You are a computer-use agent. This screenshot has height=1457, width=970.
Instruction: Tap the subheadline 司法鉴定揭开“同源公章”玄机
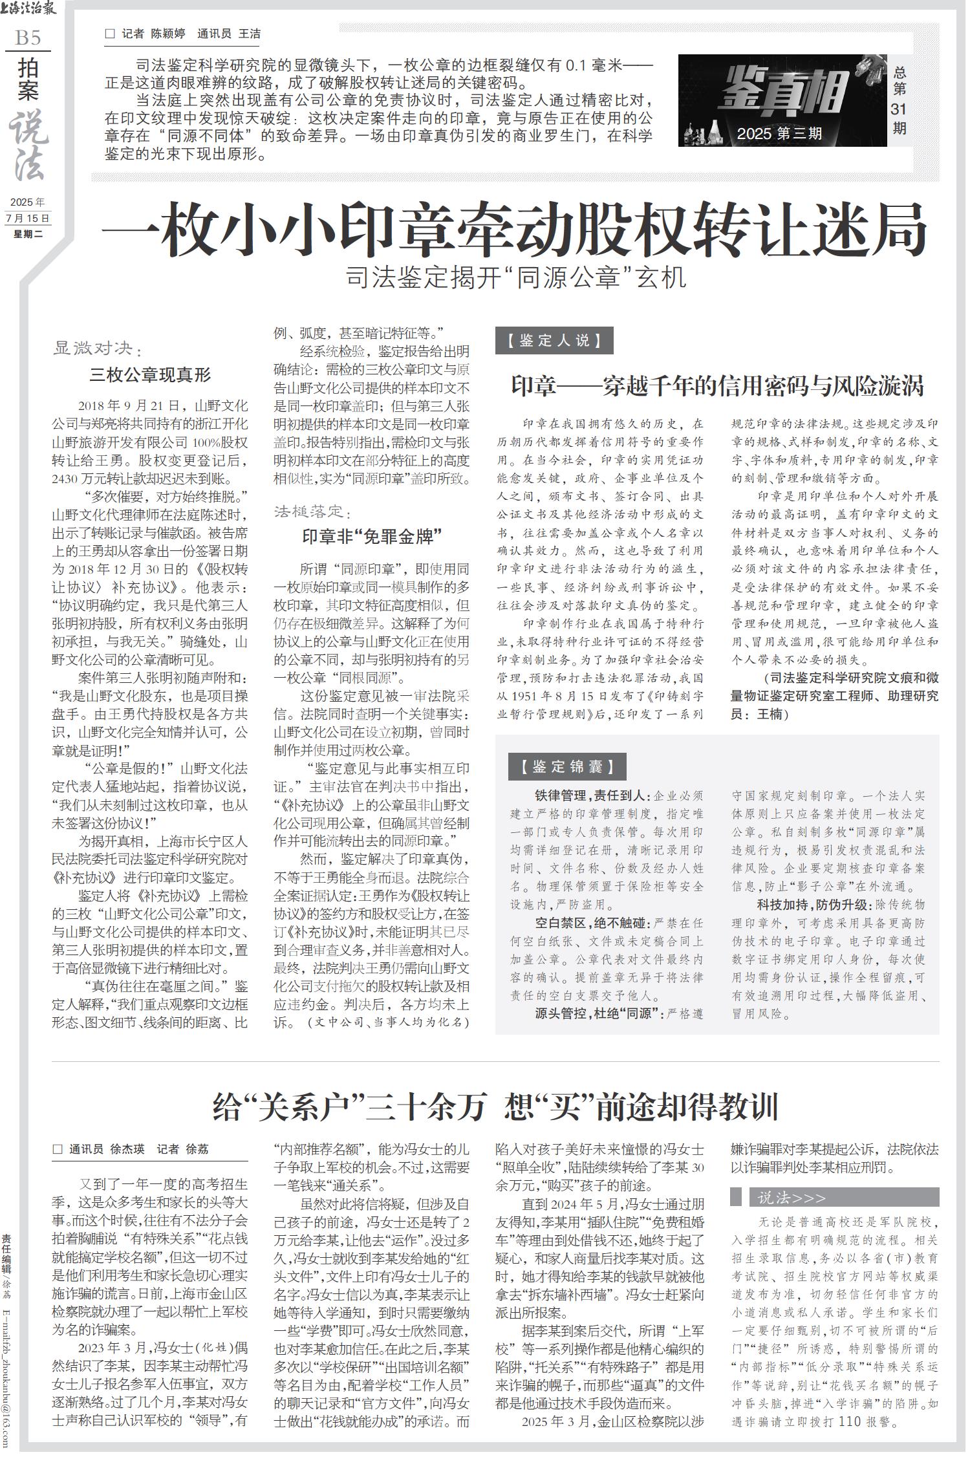click(515, 278)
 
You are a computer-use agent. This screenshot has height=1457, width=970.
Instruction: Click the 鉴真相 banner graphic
click(782, 100)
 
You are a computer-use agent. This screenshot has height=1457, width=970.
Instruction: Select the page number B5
click(28, 38)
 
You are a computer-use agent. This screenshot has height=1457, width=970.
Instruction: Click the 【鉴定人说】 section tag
click(554, 341)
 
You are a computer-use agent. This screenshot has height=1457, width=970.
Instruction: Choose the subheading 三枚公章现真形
click(150, 374)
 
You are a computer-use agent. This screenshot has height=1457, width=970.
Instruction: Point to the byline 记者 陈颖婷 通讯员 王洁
click(183, 34)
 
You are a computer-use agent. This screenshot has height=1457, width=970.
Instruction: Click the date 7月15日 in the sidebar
click(27, 218)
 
